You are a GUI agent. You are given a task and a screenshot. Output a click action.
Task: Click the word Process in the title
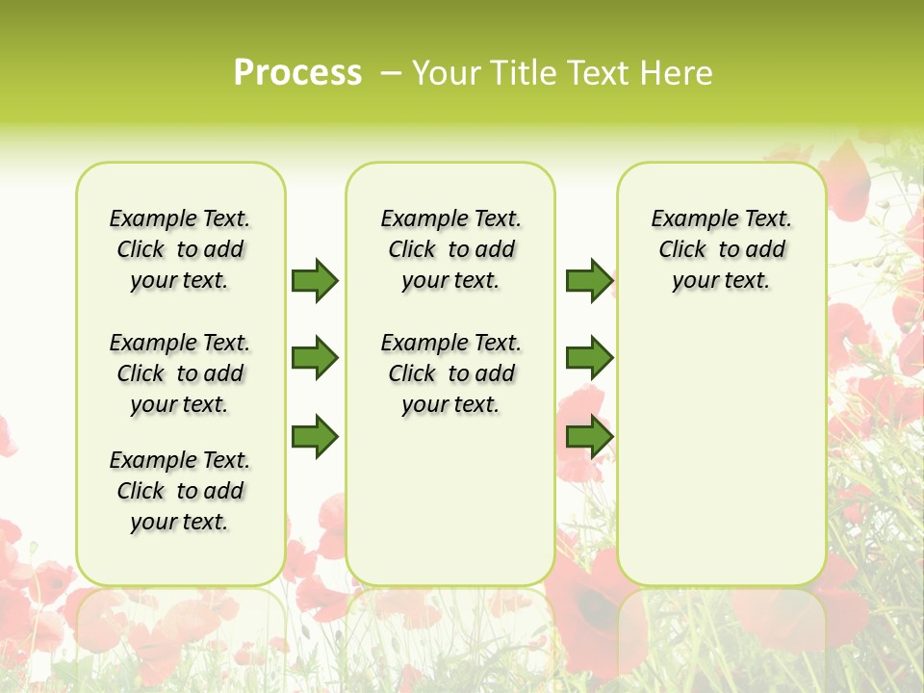[x=297, y=73]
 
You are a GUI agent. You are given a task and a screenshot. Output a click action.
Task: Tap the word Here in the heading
[x=677, y=73]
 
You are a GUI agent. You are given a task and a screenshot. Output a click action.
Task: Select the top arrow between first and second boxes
[x=315, y=281]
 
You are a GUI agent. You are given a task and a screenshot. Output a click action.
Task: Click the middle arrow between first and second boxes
[x=315, y=358]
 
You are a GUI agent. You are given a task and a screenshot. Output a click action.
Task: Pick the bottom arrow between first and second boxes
[x=315, y=437]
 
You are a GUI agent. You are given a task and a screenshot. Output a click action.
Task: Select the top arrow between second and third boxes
[x=589, y=281]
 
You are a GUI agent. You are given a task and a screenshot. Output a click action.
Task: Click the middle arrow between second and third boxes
[x=589, y=358]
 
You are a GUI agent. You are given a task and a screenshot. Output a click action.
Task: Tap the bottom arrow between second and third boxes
[x=589, y=437]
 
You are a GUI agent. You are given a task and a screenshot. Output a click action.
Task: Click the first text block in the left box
[x=180, y=249]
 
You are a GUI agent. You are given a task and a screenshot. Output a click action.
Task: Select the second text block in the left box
[x=180, y=373]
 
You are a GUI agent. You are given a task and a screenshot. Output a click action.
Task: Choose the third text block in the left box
[x=180, y=491]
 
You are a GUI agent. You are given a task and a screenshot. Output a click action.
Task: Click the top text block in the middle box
[x=450, y=249]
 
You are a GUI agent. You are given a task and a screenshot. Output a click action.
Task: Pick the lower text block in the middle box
[x=450, y=373]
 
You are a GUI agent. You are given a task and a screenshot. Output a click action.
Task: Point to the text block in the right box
[x=721, y=249]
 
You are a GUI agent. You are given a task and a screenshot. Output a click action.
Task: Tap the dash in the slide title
[x=391, y=73]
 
